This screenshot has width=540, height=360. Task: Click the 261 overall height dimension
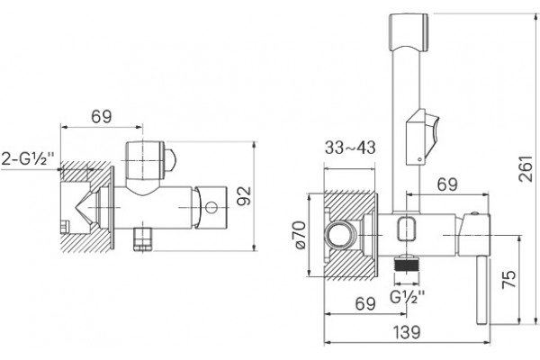[x=526, y=169]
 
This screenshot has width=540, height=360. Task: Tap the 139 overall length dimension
[x=407, y=332]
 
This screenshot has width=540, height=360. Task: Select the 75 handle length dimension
[x=509, y=279]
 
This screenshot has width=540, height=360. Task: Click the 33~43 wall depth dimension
[x=350, y=148]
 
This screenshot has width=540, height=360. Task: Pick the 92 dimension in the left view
[x=245, y=195]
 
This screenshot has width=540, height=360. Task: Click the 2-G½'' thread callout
[x=28, y=159]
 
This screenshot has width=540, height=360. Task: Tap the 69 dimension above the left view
[x=101, y=116]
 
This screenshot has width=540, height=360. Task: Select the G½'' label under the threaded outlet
[x=408, y=297]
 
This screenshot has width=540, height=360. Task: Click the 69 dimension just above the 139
[x=365, y=304]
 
